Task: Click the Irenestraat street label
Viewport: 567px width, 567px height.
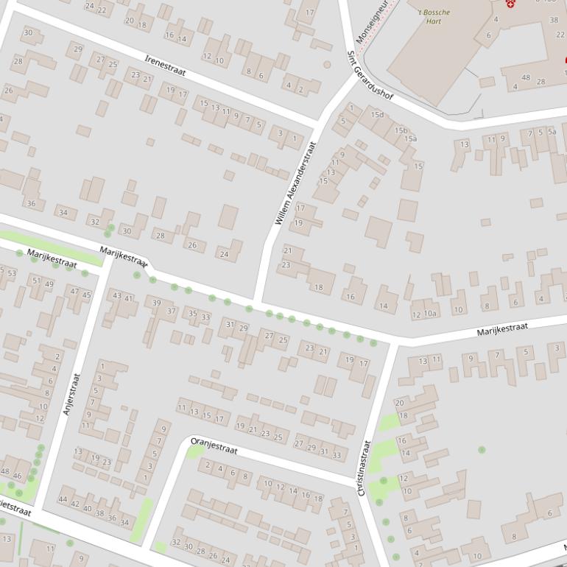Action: [165, 65]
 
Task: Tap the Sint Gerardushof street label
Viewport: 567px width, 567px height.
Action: [370, 76]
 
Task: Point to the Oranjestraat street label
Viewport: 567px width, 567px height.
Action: [214, 446]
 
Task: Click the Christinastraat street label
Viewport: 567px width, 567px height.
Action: [364, 468]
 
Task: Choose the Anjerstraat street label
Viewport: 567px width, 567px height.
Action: [71, 393]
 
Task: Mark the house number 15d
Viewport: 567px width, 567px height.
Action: [377, 115]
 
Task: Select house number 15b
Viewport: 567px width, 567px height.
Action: [401, 130]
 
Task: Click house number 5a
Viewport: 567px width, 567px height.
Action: [551, 133]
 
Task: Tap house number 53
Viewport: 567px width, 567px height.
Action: [11, 273]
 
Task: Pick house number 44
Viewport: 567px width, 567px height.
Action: [63, 501]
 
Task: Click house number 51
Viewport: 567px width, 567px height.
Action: [37, 281]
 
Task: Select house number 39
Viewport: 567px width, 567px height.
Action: [156, 303]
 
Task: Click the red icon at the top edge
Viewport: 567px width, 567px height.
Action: [510, 4]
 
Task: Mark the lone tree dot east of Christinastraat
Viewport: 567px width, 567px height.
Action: [482, 449]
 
